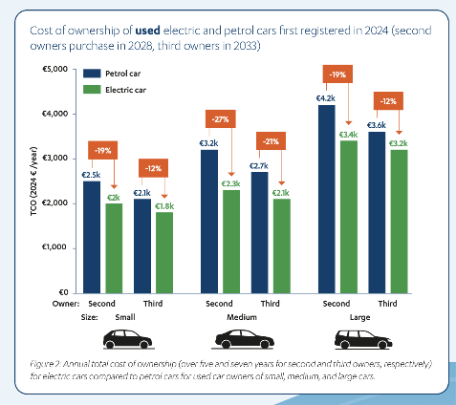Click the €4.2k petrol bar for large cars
point(327,199)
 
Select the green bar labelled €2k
point(114,248)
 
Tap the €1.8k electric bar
point(164,253)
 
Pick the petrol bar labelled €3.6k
point(377,212)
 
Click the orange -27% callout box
point(221,119)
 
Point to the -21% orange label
point(271,141)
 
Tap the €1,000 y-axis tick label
point(54,247)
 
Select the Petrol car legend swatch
point(92,74)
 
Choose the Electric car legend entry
point(115,90)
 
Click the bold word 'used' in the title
point(148,31)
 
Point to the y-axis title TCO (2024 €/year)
point(33,181)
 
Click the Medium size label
point(242,317)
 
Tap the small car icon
point(127,339)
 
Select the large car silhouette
point(363,339)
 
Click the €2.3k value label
point(231,183)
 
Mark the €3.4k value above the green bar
point(348,135)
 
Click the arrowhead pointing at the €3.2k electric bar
point(399,133)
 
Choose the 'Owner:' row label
point(66,304)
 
